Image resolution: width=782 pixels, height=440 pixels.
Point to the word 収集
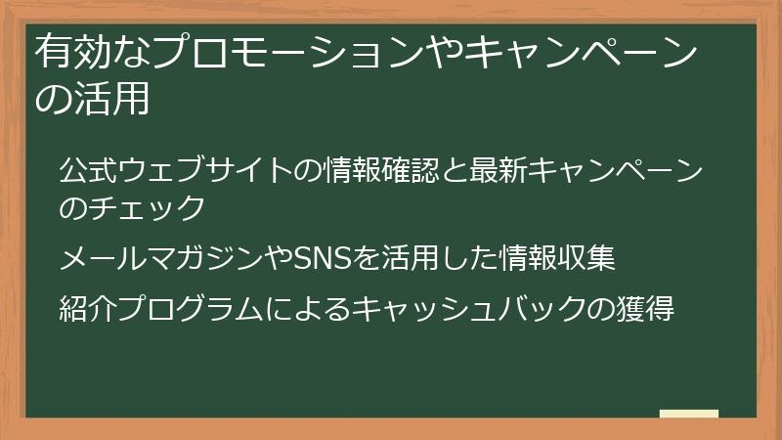[x=586, y=259]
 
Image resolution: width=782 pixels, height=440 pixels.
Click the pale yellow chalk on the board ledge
[x=689, y=414]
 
